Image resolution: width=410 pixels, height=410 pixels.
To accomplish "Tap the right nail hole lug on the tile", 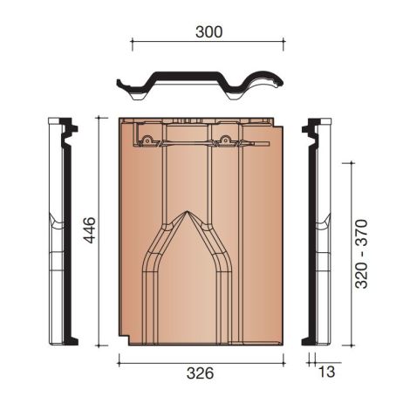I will point(225,139).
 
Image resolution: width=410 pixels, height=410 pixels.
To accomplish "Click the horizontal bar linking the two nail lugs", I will point(187,140).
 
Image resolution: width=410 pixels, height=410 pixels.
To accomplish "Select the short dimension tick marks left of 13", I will point(311,359).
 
